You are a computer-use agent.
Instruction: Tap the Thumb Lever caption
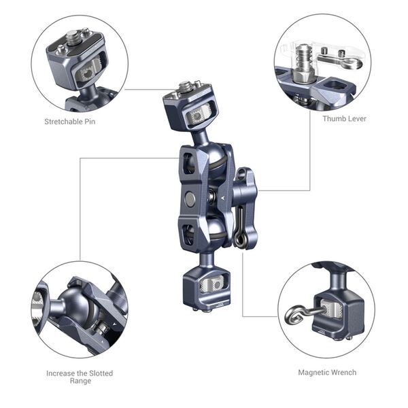click(x=345, y=118)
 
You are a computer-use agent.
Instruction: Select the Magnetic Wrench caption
click(x=327, y=372)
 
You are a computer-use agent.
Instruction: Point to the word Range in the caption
click(x=80, y=382)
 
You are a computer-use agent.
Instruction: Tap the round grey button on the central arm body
click(x=191, y=199)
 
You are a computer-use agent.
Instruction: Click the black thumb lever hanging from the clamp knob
click(x=239, y=228)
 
